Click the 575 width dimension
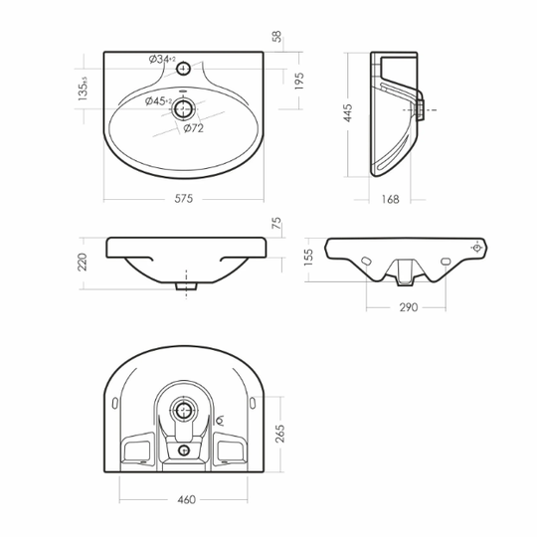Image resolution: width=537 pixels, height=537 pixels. point(184,199)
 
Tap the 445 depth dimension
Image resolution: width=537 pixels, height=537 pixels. point(347,113)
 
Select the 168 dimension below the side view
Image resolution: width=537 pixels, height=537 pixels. point(391,199)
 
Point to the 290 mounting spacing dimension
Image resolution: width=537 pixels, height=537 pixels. point(409,307)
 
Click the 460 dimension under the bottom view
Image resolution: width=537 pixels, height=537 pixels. point(187,499)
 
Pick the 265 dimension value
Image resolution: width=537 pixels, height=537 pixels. point(280,434)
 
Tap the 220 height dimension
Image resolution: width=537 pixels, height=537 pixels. point(83,262)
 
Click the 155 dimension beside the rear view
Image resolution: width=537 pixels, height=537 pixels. point(308,258)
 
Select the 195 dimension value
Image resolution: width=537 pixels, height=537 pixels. point(299,82)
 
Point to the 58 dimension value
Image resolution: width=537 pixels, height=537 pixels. point(276,37)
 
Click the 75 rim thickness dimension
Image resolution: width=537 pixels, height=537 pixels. point(276,223)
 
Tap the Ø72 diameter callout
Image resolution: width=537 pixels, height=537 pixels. point(194,128)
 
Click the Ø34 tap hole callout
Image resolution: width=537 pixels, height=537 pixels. point(162,60)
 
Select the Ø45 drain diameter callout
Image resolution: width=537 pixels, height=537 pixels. point(158,101)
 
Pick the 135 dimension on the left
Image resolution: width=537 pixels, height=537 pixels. point(83,89)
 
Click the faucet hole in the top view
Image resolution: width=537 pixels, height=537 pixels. point(183,69)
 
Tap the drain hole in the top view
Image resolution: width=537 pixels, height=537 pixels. point(184,109)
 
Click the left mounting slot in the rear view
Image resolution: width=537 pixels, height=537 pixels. point(367,262)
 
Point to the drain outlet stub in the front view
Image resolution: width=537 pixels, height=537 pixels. point(186,286)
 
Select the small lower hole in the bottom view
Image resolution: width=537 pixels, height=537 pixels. point(184,450)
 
